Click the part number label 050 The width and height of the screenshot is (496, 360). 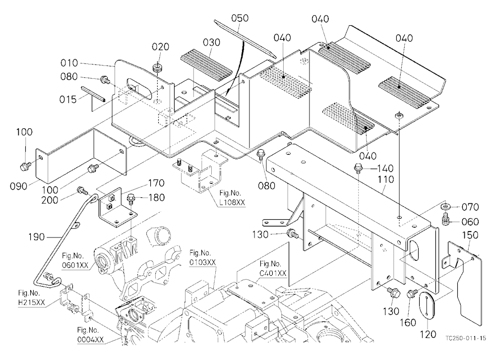tap(240, 18)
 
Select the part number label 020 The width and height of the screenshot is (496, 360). tap(160, 47)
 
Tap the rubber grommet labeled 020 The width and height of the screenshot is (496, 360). tap(157, 68)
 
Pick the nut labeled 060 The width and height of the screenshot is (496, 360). tap(446, 219)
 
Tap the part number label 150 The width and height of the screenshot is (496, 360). tap(470, 235)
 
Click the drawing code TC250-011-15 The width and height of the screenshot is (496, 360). tap(465, 338)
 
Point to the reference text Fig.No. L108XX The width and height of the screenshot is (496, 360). tap(232, 198)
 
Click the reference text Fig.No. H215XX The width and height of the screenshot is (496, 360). tap(31, 298)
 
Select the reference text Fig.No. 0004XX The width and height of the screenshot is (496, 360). tap(90, 335)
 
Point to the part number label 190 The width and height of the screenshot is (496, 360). tap(36, 237)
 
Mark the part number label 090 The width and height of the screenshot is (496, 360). tap(18, 186)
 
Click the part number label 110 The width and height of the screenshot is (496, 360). tap(385, 180)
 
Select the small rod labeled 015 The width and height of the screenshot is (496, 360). tap(93, 93)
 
